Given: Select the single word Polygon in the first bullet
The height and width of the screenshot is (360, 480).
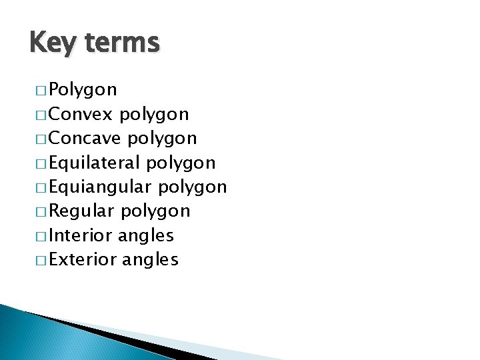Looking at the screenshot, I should [x=83, y=89].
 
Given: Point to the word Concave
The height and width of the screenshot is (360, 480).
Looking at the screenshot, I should [x=85, y=138].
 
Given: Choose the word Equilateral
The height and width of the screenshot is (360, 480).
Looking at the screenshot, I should [x=95, y=163].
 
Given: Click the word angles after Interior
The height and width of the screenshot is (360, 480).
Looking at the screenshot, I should [x=146, y=236].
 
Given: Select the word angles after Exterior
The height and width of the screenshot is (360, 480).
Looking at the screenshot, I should [x=151, y=260].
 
